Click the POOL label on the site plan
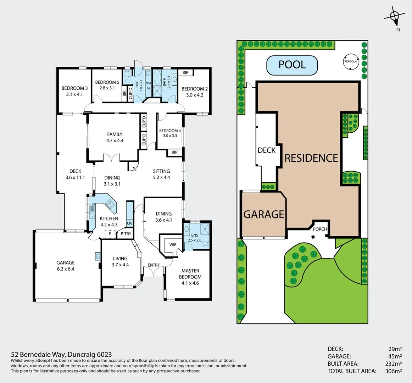click(292, 65)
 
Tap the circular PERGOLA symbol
click(350, 61)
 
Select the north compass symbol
click(394, 16)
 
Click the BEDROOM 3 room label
click(74, 88)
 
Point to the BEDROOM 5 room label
click(107, 82)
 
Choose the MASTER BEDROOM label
click(190, 274)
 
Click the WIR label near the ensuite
click(173, 245)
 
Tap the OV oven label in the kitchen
click(129, 223)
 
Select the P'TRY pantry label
click(126, 234)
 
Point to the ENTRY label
click(154, 265)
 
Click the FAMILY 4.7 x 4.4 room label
click(115, 137)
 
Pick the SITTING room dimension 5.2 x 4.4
click(161, 178)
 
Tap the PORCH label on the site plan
click(320, 229)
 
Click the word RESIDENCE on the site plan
click(311, 158)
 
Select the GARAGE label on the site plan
click(264, 214)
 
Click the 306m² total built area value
click(393, 371)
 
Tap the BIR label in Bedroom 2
click(185, 73)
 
